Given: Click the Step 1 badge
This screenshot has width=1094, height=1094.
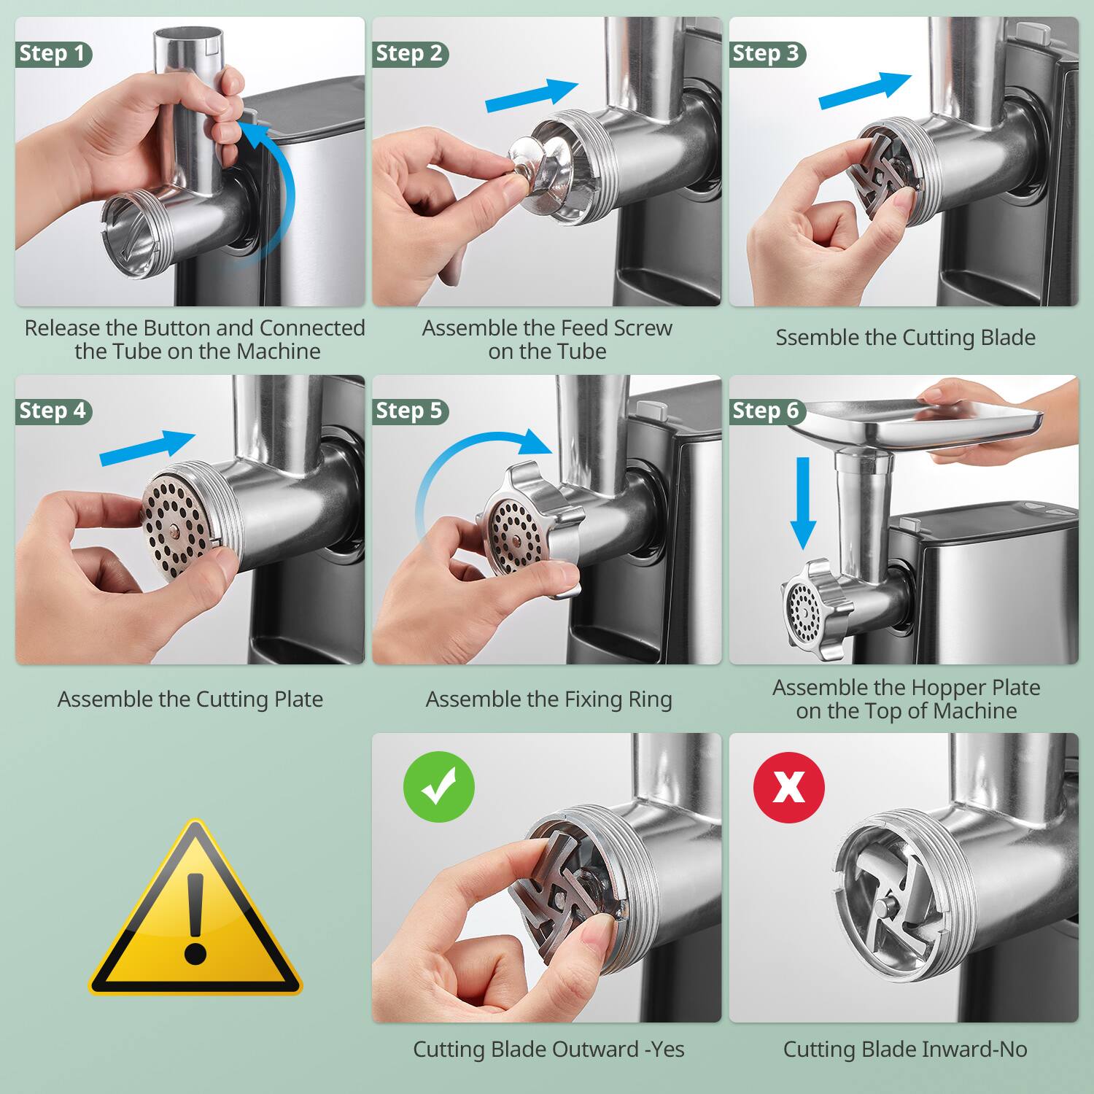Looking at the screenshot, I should [x=53, y=54].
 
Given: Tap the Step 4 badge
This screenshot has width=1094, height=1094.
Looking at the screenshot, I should [x=53, y=411].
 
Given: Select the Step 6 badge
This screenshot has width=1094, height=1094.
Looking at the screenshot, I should [x=766, y=411].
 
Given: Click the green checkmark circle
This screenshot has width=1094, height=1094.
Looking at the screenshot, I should [x=439, y=787].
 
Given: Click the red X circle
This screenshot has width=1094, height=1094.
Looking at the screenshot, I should [x=788, y=787].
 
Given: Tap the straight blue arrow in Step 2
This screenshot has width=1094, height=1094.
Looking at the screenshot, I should [x=531, y=96].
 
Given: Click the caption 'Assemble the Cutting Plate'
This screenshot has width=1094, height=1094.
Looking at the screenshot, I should [x=190, y=699].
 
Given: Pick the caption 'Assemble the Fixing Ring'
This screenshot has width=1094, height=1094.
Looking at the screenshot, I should [x=548, y=699].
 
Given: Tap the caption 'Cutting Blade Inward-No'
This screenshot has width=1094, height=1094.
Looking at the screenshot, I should [x=904, y=1050].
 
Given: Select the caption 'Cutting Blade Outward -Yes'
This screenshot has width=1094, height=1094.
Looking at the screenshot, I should [x=548, y=1050].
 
